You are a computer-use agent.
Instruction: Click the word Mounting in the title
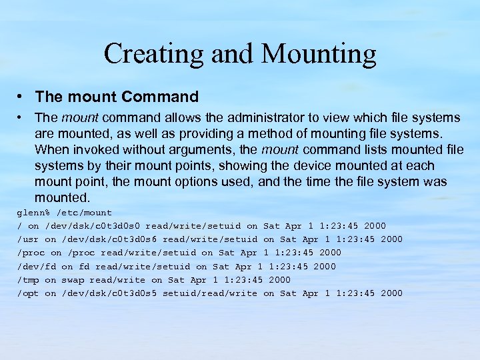tap(319, 53)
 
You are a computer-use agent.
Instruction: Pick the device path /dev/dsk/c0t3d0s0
tap(93, 226)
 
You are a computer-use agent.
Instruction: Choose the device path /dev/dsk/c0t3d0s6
tap(109, 239)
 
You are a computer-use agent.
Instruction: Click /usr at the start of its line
tap(28, 239)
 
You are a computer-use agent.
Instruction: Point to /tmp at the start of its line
tap(28, 280)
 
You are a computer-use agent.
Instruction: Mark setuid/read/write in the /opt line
tap(210, 293)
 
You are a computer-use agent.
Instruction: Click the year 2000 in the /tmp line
tap(279, 280)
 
